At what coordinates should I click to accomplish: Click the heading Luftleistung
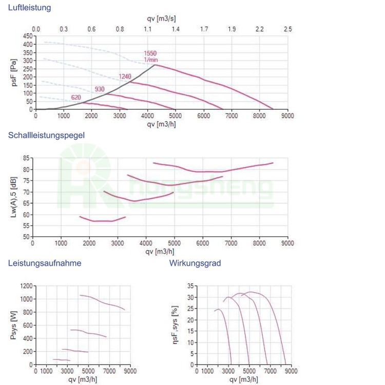pyautogui.click(x=29, y=8)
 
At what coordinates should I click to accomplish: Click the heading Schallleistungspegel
pyautogui.click(x=46, y=135)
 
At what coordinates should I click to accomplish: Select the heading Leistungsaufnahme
pyautogui.click(x=44, y=263)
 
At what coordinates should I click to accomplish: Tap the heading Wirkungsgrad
pyautogui.click(x=195, y=263)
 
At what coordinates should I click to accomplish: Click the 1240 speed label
pyautogui.click(x=125, y=76)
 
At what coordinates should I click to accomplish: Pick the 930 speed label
pyautogui.click(x=100, y=89)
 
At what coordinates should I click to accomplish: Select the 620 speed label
pyautogui.click(x=76, y=98)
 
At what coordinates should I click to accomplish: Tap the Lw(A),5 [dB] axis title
pyautogui.click(x=14, y=198)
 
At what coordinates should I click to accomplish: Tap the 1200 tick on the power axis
pyautogui.click(x=26, y=285)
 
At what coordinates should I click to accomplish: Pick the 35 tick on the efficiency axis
pyautogui.click(x=189, y=286)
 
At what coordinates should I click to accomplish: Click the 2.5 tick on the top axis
pyautogui.click(x=287, y=29)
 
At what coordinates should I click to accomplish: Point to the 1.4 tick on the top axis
pyautogui.click(x=176, y=29)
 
